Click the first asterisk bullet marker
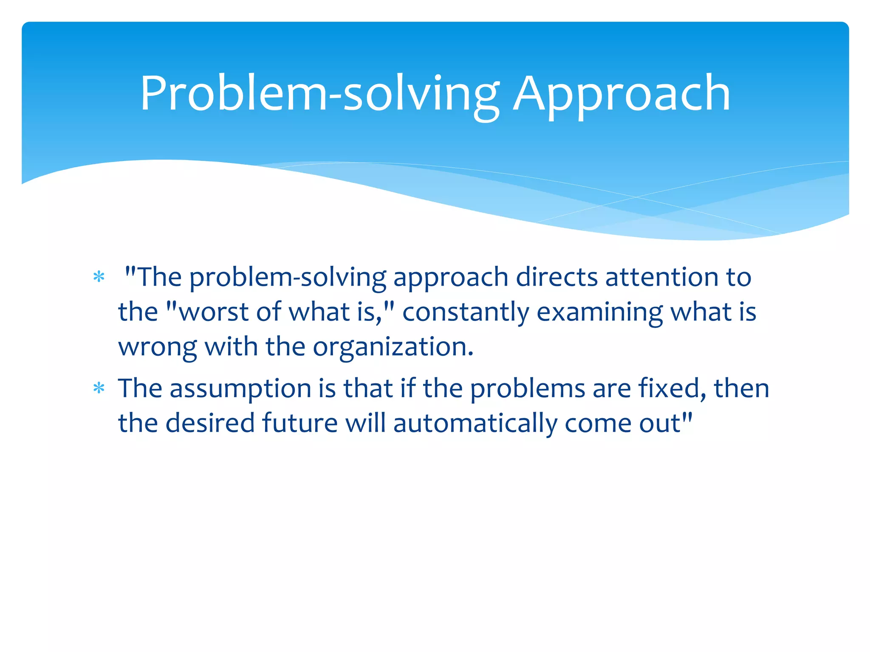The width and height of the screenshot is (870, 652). (x=99, y=278)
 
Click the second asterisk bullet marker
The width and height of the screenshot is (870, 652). (x=99, y=388)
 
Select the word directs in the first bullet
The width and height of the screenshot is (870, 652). (x=557, y=277)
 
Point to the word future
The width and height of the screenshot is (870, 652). (x=299, y=423)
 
